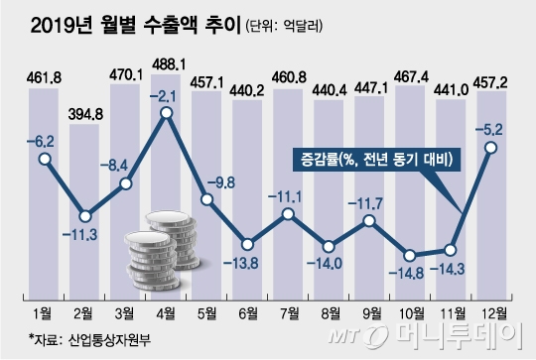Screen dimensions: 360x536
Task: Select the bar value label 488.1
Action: coord(166,62)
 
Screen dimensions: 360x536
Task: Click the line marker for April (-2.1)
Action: coord(167,114)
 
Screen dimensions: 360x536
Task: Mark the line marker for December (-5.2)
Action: coord(491,149)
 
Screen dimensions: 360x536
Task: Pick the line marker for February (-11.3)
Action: coord(86,215)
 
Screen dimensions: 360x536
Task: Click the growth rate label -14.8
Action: coord(410,275)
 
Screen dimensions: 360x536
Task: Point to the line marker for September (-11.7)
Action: coord(369,220)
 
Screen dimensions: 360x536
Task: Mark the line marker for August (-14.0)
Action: coord(329,241)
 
